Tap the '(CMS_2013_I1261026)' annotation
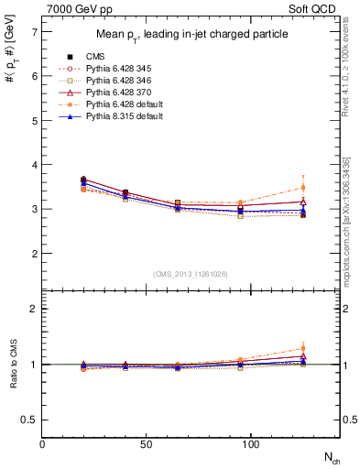[x=191, y=274]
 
